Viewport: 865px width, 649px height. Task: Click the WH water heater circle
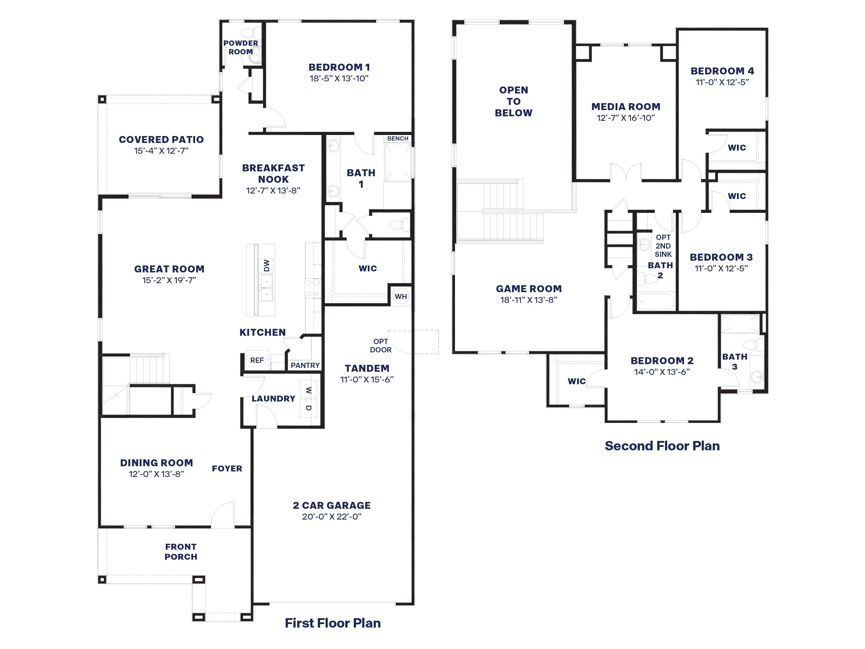(x=401, y=297)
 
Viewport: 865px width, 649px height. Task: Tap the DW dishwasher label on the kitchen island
(x=267, y=265)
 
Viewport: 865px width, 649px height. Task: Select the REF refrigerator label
(x=257, y=360)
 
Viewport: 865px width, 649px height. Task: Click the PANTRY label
(x=305, y=366)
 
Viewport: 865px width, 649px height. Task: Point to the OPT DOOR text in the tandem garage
(x=381, y=346)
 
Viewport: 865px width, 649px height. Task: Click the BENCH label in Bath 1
(x=398, y=138)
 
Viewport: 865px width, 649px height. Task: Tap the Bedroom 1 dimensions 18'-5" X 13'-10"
(x=339, y=78)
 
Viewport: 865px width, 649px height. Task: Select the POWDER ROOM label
(x=240, y=47)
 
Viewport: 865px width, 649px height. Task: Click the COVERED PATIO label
(x=161, y=139)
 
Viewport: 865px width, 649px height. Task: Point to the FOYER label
(x=227, y=469)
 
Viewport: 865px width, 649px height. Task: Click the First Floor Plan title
(x=333, y=623)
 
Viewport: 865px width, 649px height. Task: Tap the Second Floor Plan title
(x=662, y=446)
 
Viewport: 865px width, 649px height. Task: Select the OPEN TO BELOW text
(x=513, y=101)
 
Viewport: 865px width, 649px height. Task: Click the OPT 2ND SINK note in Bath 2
(x=663, y=246)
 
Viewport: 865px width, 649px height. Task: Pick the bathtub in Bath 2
(x=656, y=301)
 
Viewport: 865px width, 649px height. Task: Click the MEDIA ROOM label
(x=626, y=107)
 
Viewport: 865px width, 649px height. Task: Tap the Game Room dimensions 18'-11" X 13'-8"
(x=529, y=300)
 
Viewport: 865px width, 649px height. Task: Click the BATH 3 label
(x=735, y=361)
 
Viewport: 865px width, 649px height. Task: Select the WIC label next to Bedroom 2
(x=576, y=381)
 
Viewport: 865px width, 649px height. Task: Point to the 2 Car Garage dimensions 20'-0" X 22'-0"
(x=331, y=516)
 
